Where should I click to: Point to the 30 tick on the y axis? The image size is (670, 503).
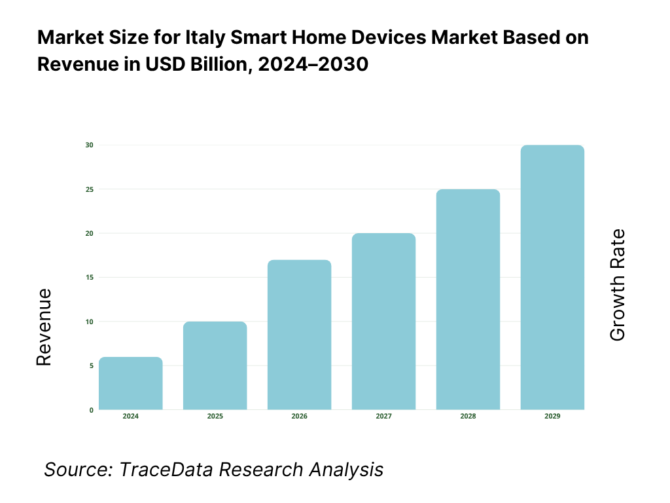click(90, 145)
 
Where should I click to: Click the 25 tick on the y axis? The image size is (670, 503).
click(90, 189)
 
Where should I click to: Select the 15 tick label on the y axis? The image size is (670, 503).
click(90, 277)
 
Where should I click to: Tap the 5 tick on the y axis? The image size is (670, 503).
click(91, 365)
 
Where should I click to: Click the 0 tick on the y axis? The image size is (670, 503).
click(91, 410)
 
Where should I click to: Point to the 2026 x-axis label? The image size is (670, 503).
click(299, 417)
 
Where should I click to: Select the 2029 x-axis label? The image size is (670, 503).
click(552, 417)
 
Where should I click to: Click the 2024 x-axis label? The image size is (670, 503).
click(130, 417)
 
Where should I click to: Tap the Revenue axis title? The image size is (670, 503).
click(44, 327)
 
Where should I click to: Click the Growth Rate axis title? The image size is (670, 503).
click(617, 285)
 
